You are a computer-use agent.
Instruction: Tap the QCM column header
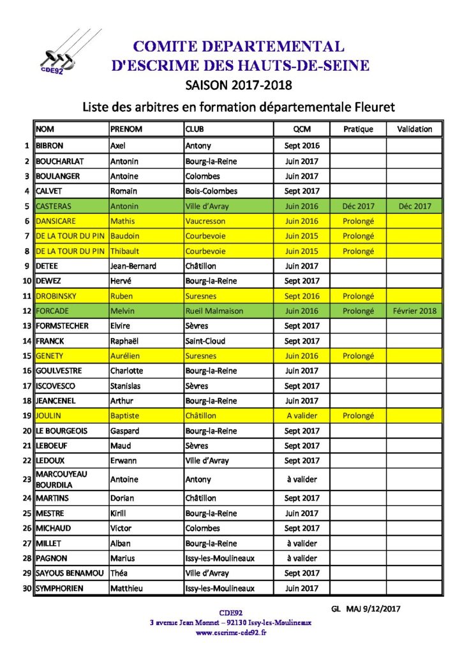coord(301,129)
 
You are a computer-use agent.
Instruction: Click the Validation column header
coord(414,129)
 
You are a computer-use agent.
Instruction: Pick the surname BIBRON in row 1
coord(50,146)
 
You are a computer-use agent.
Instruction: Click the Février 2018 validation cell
coord(414,311)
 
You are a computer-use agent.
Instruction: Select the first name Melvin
coord(123,311)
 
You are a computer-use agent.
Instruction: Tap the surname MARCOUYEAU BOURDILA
coord(62,480)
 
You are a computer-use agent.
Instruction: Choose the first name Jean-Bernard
coord(133,266)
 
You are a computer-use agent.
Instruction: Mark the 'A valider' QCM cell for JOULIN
coord(301,416)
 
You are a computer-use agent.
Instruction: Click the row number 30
coord(26,588)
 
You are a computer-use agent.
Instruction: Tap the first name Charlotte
coord(127,371)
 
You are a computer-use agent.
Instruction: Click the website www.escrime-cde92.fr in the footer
coord(230,633)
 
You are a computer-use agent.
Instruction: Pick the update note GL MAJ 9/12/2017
coord(366,608)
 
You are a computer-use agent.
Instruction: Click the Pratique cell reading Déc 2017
coord(358,206)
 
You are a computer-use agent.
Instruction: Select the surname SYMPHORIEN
coord(61,588)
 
